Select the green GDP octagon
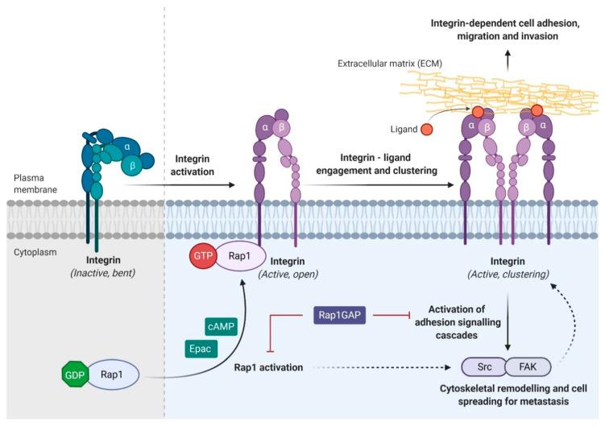point(76,374)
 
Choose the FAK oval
point(528,366)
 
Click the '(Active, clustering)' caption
point(508,275)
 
